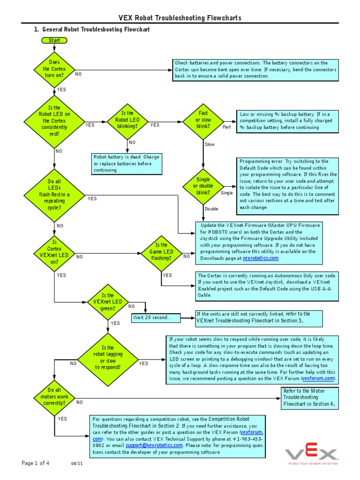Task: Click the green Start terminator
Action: pos(54,40)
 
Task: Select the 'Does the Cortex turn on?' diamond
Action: pos(55,69)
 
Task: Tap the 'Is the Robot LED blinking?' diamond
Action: pos(127,120)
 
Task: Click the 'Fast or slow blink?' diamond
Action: pos(203,120)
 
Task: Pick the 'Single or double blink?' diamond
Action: pos(203,186)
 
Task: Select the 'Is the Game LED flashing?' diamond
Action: pos(161,252)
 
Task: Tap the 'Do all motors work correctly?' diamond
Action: pos(55,396)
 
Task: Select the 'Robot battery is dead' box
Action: pos(127,164)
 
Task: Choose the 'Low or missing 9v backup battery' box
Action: pos(286,120)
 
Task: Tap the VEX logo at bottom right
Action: pos(311,454)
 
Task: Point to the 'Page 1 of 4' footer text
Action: pos(35,463)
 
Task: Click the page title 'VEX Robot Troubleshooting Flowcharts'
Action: pos(180,18)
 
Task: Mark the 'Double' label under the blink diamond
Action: pos(211,209)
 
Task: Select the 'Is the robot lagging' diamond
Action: pos(107,358)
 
